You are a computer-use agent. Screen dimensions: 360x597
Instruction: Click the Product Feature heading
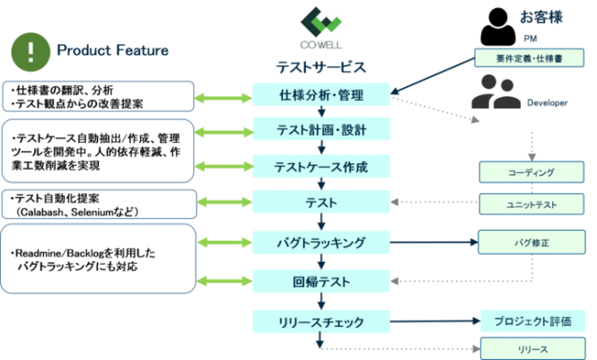tap(112, 50)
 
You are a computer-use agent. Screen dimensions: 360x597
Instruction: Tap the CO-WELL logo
tap(320, 29)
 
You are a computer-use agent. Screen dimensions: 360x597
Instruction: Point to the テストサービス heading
tap(320, 67)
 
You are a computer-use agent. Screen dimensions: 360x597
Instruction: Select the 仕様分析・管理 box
tap(321, 95)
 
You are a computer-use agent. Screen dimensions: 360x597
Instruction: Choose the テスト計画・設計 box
tap(321, 130)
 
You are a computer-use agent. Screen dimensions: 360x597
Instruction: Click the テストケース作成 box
tap(321, 166)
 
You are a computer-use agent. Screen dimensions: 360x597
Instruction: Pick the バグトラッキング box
tap(321, 242)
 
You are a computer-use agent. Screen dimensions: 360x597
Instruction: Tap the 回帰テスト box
tap(321, 281)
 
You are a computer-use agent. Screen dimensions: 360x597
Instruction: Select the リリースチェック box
tap(321, 320)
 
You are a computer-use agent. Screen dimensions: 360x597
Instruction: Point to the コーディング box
tap(531, 172)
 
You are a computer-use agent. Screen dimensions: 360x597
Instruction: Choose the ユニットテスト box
tap(531, 205)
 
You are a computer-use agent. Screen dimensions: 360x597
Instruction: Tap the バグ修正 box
tap(531, 242)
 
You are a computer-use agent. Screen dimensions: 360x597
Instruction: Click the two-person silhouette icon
tap(496, 92)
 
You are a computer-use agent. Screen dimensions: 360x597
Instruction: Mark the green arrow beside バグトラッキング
tap(224, 242)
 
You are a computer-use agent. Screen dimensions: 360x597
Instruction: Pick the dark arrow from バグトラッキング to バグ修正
tap(435, 242)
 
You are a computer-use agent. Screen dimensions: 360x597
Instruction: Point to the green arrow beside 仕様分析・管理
tap(224, 95)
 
